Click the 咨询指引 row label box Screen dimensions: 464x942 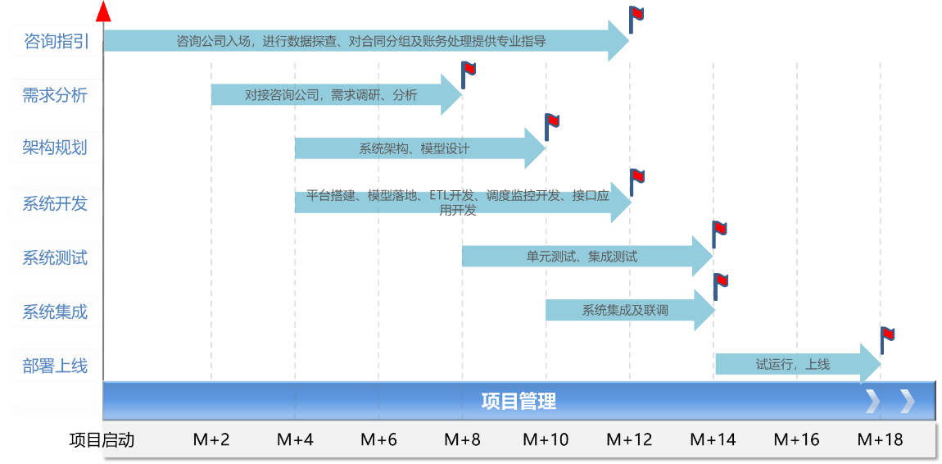click(56, 40)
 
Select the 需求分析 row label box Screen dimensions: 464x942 click(56, 94)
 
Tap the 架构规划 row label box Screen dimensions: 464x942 click(56, 148)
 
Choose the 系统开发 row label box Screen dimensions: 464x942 click(56, 203)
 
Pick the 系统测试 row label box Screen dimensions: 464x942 click(56, 257)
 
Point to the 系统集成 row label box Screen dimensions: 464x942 click(56, 312)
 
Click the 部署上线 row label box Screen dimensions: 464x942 click(56, 366)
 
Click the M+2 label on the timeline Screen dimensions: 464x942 click(211, 440)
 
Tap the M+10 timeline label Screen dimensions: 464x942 click(546, 440)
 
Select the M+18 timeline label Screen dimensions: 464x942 click(880, 440)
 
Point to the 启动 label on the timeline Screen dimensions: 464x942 click(118, 440)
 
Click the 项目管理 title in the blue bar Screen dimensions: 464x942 click(519, 401)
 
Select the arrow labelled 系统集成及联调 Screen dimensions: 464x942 click(626, 311)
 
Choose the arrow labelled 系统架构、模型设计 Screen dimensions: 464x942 click(414, 148)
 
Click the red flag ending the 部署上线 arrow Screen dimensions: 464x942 click(888, 334)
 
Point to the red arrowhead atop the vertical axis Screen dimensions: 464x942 click(103, 11)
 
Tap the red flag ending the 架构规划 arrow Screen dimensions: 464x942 click(553, 122)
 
